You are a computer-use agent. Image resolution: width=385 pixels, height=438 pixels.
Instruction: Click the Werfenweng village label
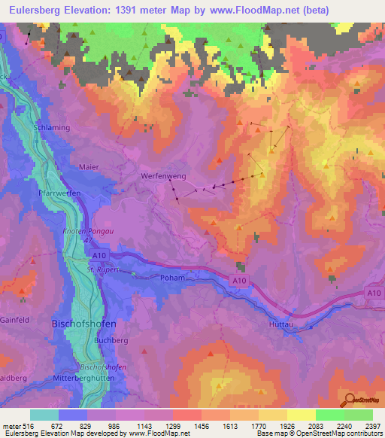(163, 175)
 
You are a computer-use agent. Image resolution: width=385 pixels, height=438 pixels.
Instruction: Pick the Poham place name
(172, 277)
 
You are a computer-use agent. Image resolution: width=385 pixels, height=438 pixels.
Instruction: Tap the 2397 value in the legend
(371, 426)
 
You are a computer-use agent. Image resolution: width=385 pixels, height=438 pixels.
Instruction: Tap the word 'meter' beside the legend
(11, 426)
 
